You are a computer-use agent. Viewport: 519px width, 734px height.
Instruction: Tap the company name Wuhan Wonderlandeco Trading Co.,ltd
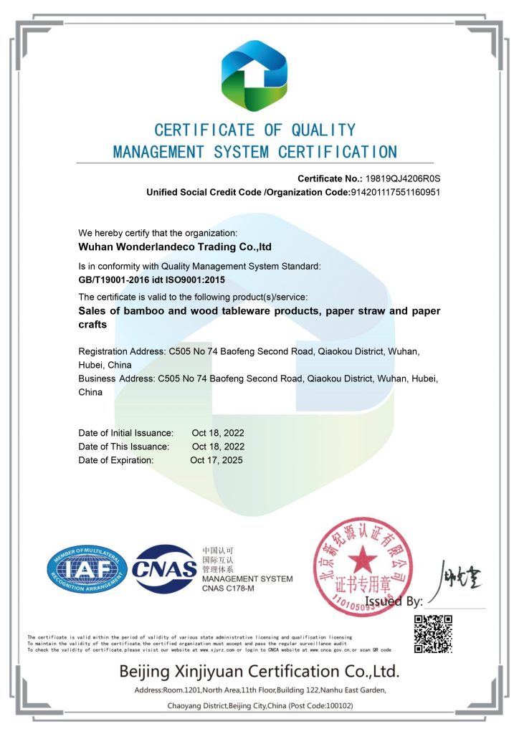coord(175,247)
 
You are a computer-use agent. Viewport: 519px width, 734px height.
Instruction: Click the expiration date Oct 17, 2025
coord(216,460)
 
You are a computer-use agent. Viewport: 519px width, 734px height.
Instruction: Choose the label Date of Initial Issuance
coord(125,433)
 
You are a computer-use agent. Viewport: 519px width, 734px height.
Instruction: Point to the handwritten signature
coord(457,577)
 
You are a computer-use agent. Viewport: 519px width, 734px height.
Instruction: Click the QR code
coord(433,633)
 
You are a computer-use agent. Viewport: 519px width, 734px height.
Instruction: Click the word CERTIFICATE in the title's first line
coord(204,130)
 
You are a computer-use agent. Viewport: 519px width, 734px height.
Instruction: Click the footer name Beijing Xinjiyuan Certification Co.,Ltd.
coord(259,672)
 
